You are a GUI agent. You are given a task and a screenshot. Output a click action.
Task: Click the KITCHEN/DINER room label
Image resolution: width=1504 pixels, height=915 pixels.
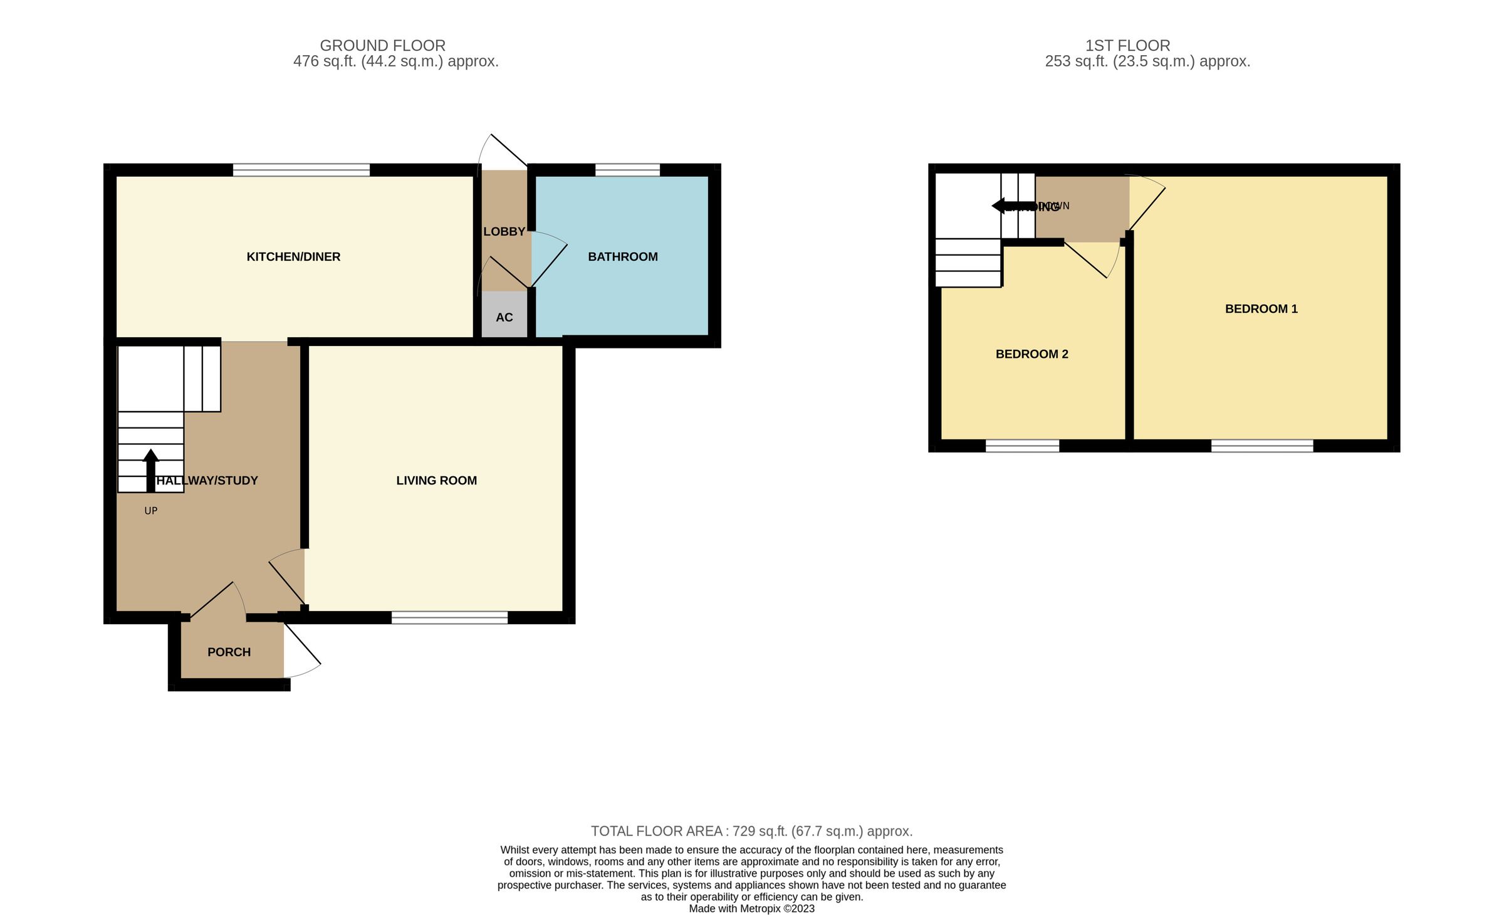tap(293, 257)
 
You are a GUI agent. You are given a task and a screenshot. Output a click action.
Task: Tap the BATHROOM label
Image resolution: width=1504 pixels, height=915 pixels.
tap(622, 257)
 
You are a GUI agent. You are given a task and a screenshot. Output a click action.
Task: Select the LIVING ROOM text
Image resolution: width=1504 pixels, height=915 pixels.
tap(436, 481)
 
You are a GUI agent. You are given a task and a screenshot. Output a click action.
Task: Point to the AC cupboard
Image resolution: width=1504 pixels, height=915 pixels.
tap(504, 317)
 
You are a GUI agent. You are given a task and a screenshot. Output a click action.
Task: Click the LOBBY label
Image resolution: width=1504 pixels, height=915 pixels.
tap(504, 232)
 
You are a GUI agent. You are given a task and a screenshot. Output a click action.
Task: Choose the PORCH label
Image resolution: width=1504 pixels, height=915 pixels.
tap(229, 652)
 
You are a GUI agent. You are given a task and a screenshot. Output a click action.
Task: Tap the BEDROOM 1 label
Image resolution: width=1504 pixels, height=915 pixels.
tap(1261, 309)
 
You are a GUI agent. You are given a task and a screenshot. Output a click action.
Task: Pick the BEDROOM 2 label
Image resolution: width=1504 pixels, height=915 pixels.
tap(1031, 354)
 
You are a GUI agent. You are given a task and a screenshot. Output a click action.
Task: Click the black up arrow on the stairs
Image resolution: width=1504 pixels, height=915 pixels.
tap(150, 470)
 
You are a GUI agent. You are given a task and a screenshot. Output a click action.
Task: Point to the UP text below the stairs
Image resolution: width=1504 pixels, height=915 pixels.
tap(150, 511)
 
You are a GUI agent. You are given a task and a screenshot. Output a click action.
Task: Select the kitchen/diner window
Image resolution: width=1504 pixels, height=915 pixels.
tap(301, 170)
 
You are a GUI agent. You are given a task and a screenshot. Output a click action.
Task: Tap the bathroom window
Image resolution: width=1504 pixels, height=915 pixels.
tap(627, 170)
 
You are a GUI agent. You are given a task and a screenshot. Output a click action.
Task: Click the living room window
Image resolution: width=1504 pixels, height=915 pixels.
tap(449, 618)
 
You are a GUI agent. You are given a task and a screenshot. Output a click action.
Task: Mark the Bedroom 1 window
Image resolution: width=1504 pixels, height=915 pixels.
tap(1261, 446)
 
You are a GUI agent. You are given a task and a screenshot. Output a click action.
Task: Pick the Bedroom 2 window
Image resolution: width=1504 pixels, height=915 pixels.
tap(1022, 446)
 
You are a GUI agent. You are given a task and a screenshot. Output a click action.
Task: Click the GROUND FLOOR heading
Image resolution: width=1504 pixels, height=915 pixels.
tap(382, 46)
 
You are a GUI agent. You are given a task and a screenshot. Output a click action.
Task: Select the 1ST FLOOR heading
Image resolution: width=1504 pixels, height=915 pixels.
tap(1127, 46)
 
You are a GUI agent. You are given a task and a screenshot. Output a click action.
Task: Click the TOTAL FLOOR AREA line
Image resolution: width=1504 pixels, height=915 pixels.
tap(751, 831)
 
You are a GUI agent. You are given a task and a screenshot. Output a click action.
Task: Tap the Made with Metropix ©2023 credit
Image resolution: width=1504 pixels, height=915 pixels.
tap(751, 909)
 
